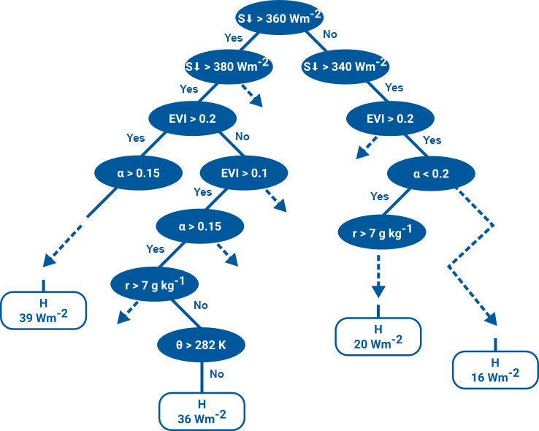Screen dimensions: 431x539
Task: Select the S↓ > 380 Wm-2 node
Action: tap(228, 66)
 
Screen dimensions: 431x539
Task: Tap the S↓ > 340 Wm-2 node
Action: tap(345, 66)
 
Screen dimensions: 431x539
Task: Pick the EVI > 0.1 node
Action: tap(245, 173)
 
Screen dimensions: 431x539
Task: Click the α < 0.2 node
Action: tap(431, 173)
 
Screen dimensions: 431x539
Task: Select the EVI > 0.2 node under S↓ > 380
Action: tap(183, 117)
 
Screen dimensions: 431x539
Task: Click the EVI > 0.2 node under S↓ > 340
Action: tap(390, 117)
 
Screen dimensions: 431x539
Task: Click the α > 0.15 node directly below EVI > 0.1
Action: tap(199, 226)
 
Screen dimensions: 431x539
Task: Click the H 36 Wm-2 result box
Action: tap(202, 411)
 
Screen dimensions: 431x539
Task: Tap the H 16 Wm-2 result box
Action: tap(495, 369)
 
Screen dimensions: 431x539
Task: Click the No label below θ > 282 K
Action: tap(217, 373)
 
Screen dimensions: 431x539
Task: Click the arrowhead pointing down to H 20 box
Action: tap(378, 291)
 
